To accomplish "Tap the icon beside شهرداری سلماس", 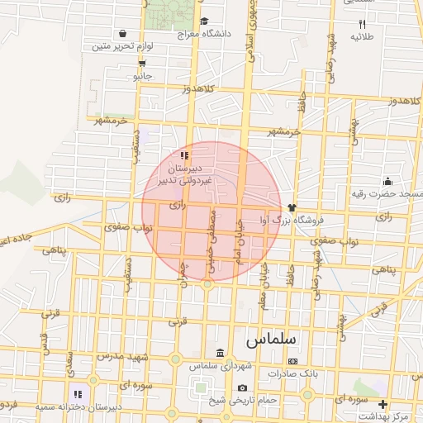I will (220, 353).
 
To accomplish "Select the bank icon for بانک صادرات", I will (292, 361).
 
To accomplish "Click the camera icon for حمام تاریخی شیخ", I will (242, 387).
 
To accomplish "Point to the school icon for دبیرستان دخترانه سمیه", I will (78, 395).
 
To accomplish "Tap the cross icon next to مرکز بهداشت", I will (383, 404).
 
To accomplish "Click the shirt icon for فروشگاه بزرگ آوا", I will (292, 207).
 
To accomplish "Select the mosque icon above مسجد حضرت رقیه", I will (387, 182).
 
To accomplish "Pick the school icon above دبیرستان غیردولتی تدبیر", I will (185, 154).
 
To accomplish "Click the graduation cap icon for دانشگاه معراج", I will (204, 21).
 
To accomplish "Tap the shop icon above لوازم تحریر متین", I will (123, 34).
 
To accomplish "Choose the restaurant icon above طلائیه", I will (362, 25).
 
